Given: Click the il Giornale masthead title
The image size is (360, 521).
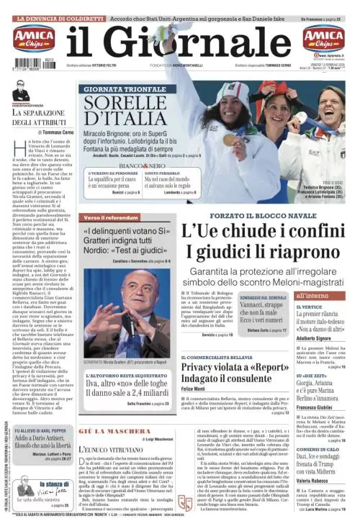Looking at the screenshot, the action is tap(183, 45).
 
